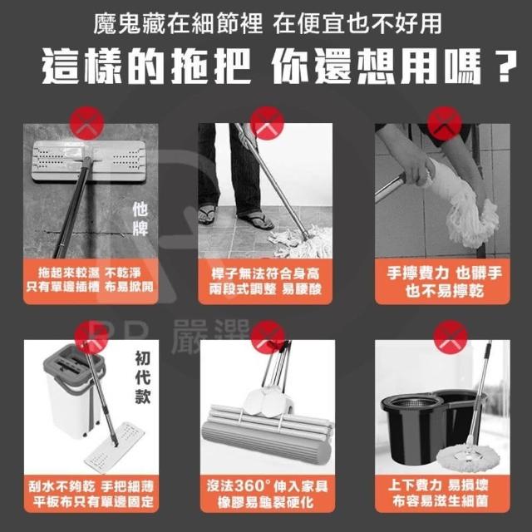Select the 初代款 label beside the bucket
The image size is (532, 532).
[142, 377]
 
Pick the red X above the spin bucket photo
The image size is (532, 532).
[451, 337]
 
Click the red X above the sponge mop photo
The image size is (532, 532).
[268, 337]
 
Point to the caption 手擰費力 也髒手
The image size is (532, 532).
[444, 273]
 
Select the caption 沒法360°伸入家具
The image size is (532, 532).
[268, 485]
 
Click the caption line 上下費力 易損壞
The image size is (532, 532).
[438, 485]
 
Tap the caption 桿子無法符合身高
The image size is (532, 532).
[265, 273]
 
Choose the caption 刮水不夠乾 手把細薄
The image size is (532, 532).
[91, 486]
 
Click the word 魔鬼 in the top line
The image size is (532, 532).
[117, 23]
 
